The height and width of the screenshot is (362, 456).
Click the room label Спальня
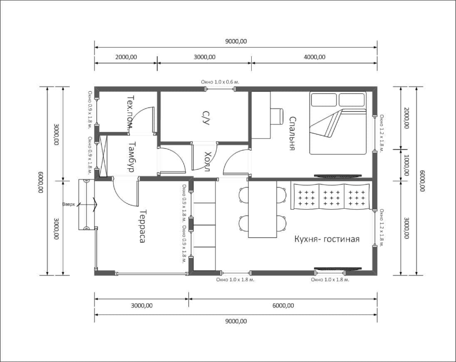pyautogui.click(x=292, y=133)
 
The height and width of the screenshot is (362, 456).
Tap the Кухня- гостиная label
pyautogui.click(x=327, y=239)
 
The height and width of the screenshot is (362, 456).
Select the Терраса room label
pyautogui.click(x=142, y=226)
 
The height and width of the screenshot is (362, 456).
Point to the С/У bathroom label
pyautogui.click(x=206, y=117)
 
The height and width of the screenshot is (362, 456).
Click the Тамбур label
pyautogui.click(x=131, y=157)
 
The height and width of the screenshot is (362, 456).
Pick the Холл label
pyautogui.click(x=207, y=161)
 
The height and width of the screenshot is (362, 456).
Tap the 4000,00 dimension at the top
pyautogui.click(x=315, y=57)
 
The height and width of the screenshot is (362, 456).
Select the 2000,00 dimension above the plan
pyautogui.click(x=126, y=57)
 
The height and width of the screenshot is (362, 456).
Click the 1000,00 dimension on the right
pyautogui.click(x=406, y=165)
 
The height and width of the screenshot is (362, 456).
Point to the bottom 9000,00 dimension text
pyautogui.click(x=236, y=321)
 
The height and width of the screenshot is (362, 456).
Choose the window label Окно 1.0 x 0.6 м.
pyautogui.click(x=220, y=82)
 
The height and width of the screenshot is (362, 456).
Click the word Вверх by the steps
pyautogui.click(x=69, y=205)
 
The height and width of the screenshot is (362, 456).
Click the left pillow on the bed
pyautogui.click(x=324, y=100)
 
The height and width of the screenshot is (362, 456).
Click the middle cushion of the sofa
pyautogui.click(x=332, y=197)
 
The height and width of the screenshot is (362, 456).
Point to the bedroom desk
pyautogui.click(x=261, y=115)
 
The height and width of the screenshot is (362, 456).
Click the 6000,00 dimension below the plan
pyautogui.click(x=283, y=306)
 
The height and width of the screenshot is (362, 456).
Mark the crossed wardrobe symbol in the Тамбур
pyautogui.click(x=103, y=156)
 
